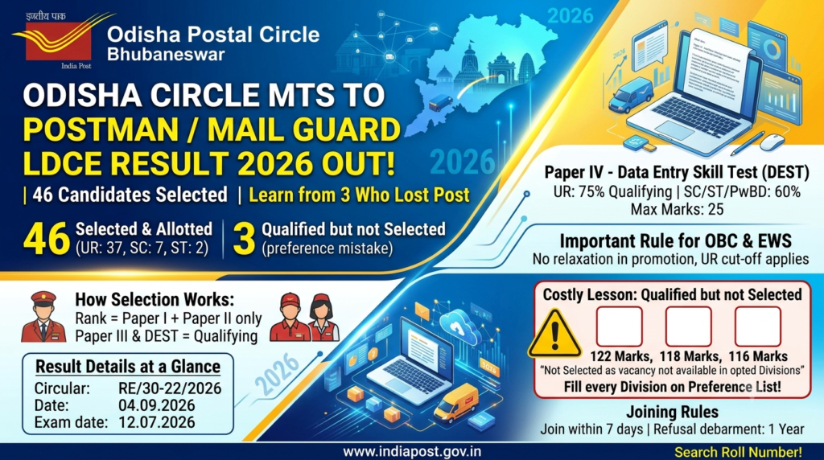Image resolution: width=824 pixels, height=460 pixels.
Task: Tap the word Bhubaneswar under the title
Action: coord(166,54)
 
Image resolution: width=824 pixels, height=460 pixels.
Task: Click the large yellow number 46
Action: coord(46,239)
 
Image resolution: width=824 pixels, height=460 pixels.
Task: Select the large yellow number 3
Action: coord(244,239)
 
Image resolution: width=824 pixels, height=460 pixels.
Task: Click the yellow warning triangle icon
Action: coord(554,335)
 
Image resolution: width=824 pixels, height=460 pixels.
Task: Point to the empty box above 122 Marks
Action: coord(619,327)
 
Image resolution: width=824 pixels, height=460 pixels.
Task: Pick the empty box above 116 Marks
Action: coord(758,327)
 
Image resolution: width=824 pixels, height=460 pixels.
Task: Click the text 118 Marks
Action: coord(689,356)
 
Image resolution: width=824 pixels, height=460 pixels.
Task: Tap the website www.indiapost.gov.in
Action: coord(412,452)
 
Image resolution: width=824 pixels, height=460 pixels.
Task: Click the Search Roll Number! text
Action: coord(738,452)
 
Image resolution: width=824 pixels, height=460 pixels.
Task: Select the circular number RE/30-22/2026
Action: coord(170,388)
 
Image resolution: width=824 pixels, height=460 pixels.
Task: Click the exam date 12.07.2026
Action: coord(157,422)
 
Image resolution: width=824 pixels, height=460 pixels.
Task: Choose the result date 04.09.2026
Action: coord(157,405)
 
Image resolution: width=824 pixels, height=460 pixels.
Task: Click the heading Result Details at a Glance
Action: coord(128,367)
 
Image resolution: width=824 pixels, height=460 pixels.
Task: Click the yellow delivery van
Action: coord(457,402)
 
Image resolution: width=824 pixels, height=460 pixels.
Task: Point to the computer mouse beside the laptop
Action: coord(772,142)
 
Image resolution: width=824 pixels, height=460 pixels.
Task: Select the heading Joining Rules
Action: coord(672,412)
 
